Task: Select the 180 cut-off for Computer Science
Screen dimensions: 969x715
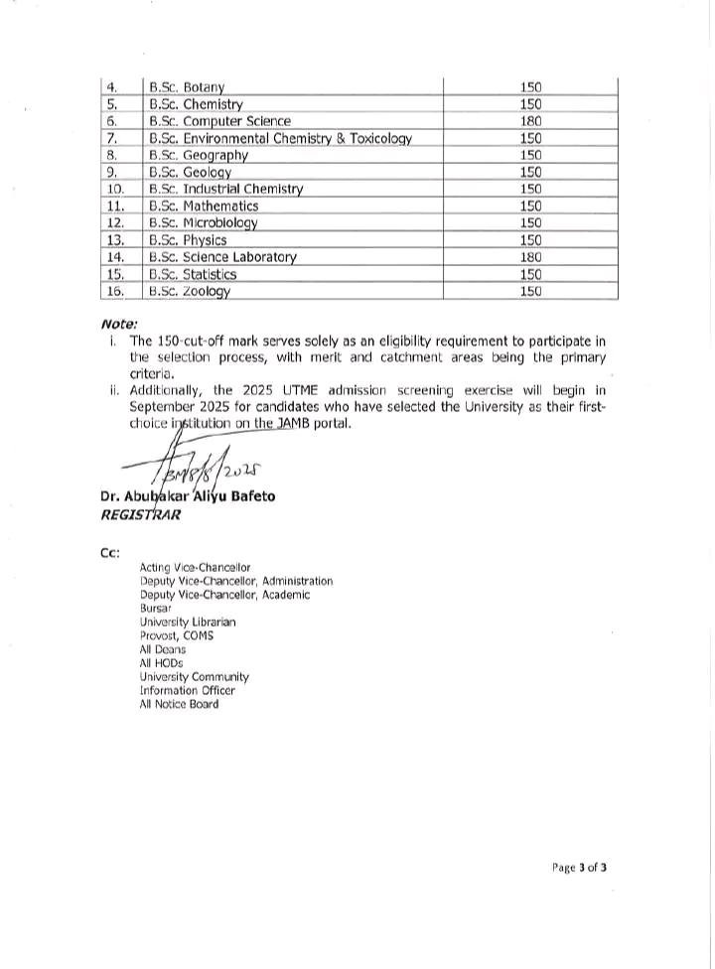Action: [x=530, y=121]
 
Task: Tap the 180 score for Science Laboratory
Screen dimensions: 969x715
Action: [x=530, y=257]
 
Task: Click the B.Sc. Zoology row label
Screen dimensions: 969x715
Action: [x=189, y=291]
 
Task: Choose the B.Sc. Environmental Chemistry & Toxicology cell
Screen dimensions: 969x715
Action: [x=279, y=138]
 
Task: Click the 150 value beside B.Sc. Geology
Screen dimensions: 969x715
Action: [x=530, y=172]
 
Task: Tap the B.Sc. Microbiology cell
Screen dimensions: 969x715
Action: [x=203, y=222]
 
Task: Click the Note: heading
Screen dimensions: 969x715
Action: [x=119, y=324]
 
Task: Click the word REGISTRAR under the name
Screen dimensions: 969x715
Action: [x=140, y=515]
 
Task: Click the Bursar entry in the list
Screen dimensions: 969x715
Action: [x=156, y=609]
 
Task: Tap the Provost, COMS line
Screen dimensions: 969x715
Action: [x=177, y=635]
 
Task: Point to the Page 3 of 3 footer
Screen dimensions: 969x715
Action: [x=579, y=867]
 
